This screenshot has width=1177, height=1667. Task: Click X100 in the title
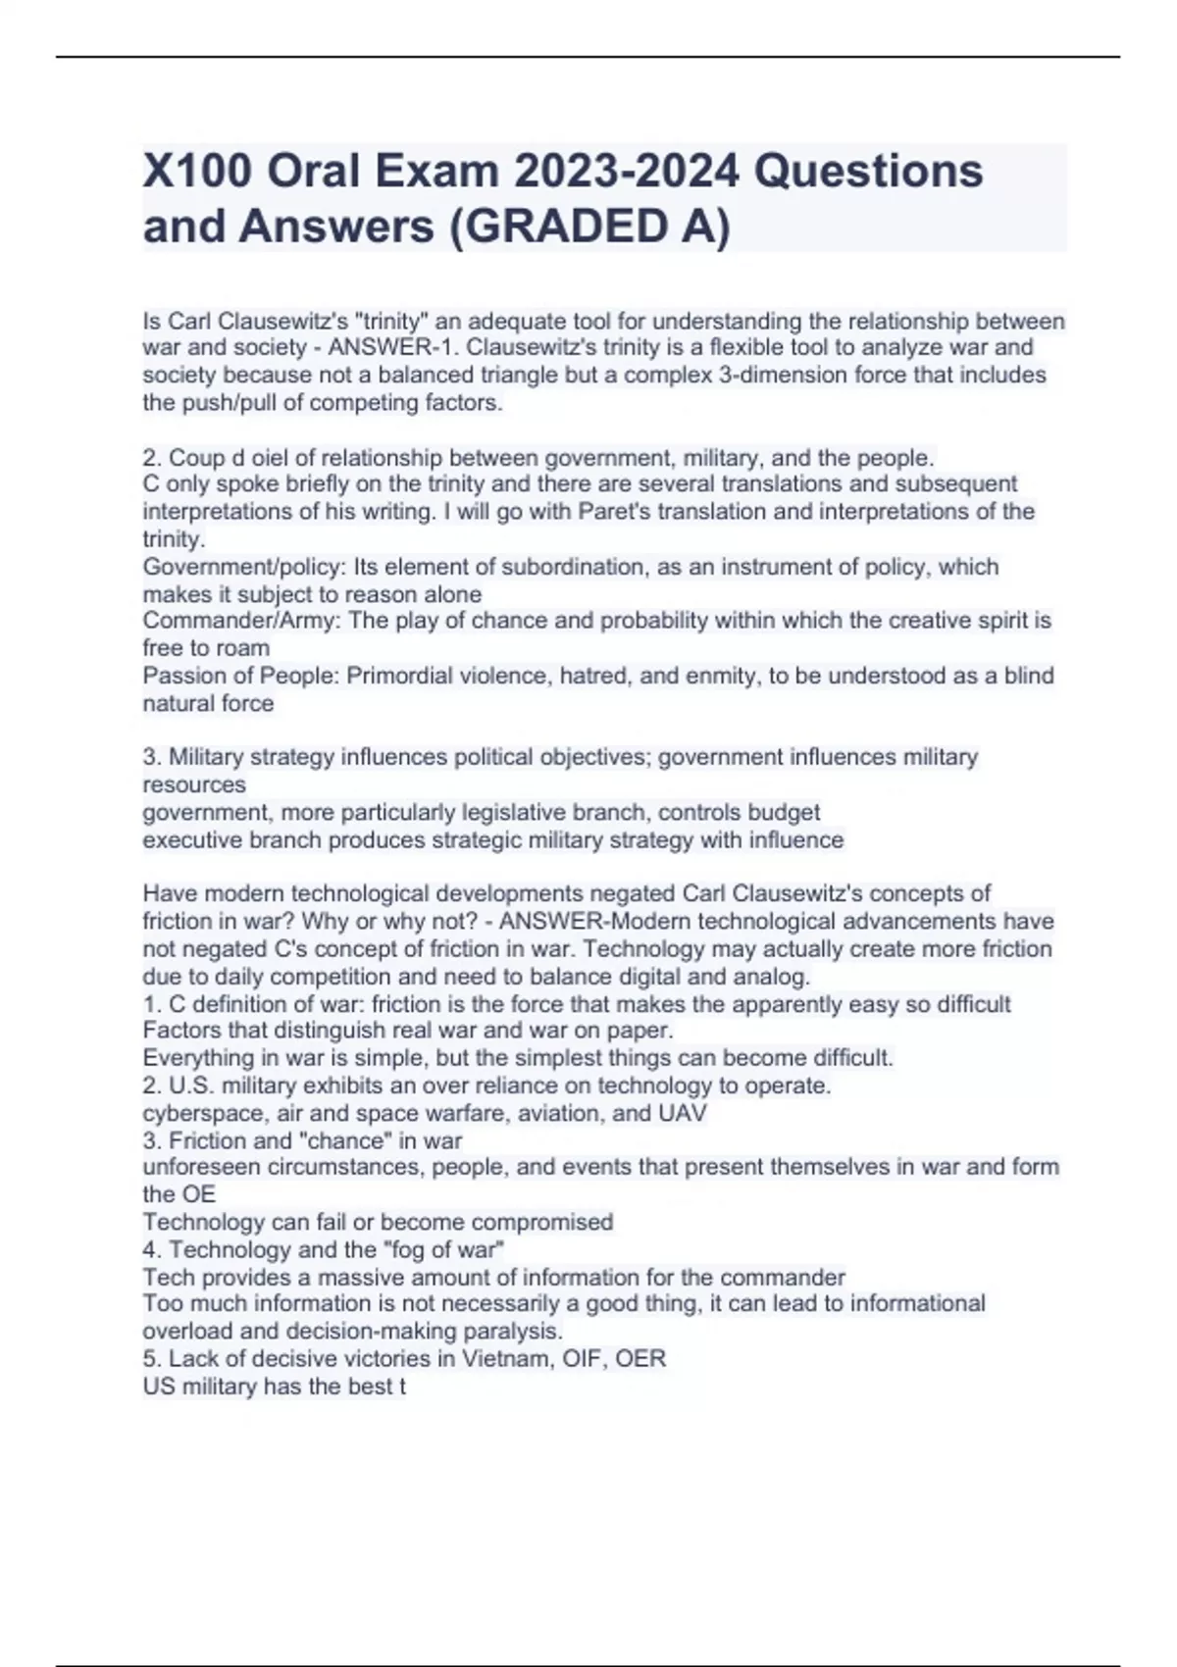(x=195, y=172)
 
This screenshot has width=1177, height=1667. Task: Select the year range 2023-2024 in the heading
(x=627, y=172)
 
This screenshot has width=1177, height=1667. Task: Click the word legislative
(x=510, y=813)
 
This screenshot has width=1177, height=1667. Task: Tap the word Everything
(x=198, y=1059)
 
